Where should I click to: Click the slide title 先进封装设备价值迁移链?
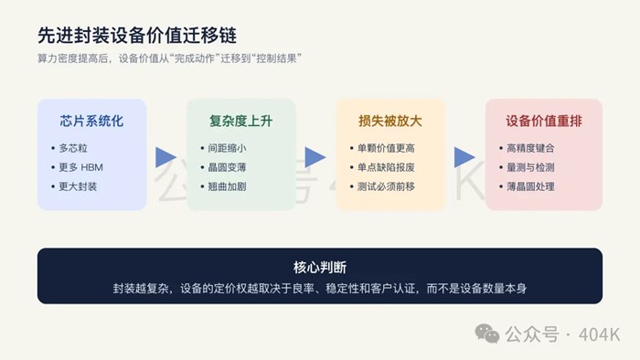point(137,36)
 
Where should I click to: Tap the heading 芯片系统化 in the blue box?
point(91,122)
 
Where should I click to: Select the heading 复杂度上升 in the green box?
point(240,122)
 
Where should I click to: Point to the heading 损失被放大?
point(390,122)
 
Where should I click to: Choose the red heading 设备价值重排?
point(544,122)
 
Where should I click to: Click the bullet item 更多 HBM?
point(80,167)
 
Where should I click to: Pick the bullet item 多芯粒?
point(73,148)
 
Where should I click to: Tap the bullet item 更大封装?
point(78,186)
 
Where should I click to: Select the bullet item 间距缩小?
point(227,148)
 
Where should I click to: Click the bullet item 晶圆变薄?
point(227,167)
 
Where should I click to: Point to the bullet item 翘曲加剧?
point(227,186)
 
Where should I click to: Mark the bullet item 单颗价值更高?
point(386,148)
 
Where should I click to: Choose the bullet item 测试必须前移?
point(386,186)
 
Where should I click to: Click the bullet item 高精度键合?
point(530,148)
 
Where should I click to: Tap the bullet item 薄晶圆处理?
point(530,186)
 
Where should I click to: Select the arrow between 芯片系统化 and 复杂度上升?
point(165,157)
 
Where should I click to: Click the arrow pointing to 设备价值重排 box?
point(464,157)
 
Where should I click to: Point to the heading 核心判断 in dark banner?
point(320,268)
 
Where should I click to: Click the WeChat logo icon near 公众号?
point(487,334)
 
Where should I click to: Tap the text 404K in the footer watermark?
point(600,334)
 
